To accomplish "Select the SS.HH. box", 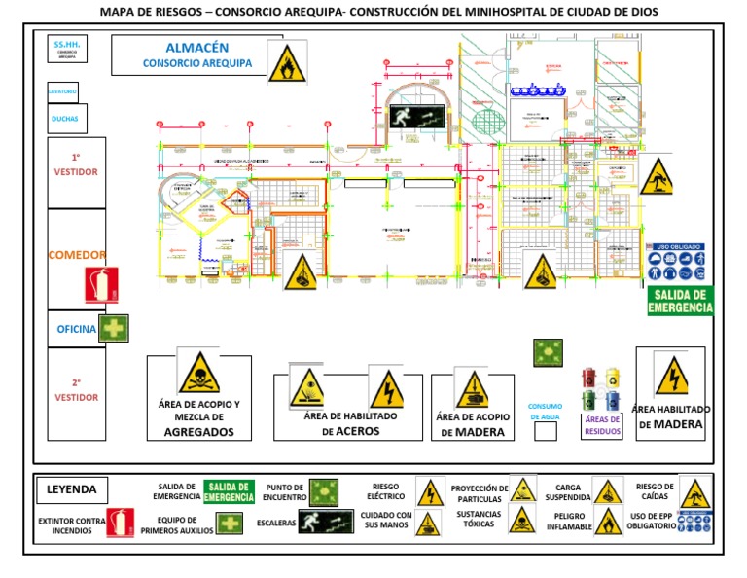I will [x=66, y=50].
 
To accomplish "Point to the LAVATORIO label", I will [x=62, y=91].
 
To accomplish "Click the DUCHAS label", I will [x=65, y=120].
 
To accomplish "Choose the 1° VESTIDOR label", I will [x=75, y=164].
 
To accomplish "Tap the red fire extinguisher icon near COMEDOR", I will [x=101, y=285].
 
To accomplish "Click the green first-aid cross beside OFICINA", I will [x=115, y=328].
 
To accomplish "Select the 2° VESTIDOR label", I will [x=76, y=390].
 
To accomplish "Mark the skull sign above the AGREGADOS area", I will [x=198, y=372].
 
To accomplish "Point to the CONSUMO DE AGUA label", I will [x=546, y=411].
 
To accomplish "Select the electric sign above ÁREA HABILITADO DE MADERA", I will [x=671, y=376].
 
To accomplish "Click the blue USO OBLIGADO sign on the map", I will [x=681, y=264].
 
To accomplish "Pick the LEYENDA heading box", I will [x=73, y=489].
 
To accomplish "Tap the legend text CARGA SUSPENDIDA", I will [x=561, y=493].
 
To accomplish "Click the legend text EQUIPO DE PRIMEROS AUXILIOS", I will [x=176, y=525].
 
